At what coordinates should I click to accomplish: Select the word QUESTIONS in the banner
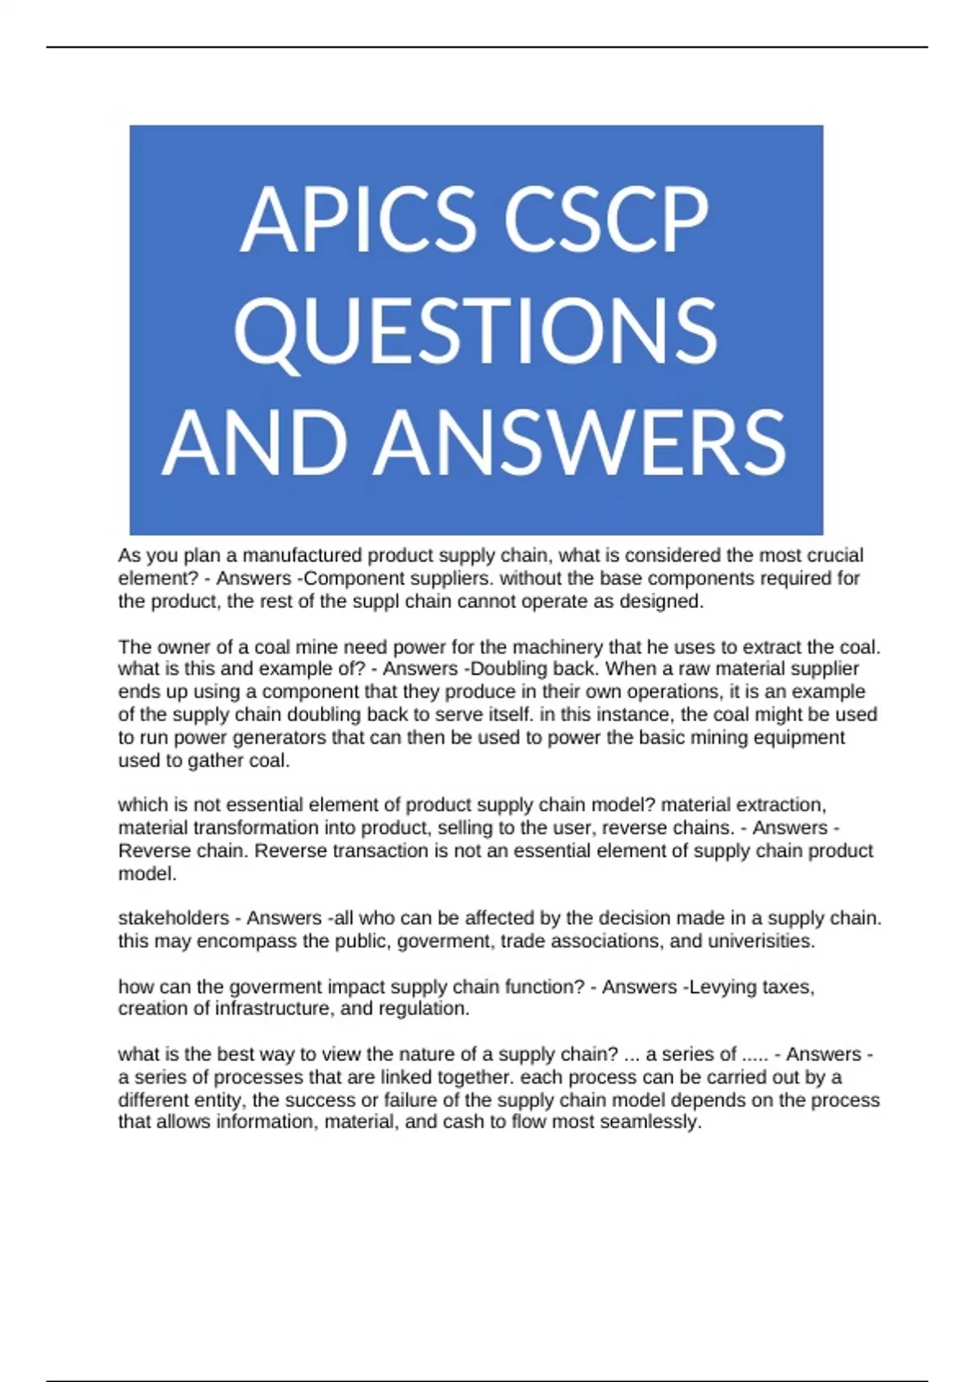click(476, 331)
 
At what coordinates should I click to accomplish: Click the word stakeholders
click(171, 918)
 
